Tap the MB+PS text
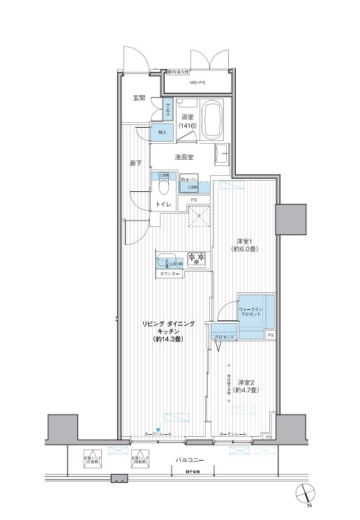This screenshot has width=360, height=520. pyautogui.click(x=197, y=83)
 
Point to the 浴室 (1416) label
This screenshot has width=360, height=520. pyautogui.click(x=186, y=121)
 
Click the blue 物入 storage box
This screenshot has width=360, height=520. pyautogui.click(x=162, y=131)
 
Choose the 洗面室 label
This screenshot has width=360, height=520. pyautogui.click(x=183, y=158)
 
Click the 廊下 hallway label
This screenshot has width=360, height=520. pyautogui.click(x=136, y=163)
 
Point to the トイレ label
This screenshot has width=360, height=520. pyautogui.click(x=164, y=205)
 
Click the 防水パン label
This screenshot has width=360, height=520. pyautogui.click(x=189, y=180)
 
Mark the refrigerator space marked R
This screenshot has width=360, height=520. pyautogui.click(x=200, y=217)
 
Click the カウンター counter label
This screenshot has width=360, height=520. pyautogui.click(x=170, y=274)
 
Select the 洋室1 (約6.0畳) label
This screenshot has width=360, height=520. pyautogui.click(x=246, y=245)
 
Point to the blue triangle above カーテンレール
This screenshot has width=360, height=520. pyautogui.click(x=158, y=429)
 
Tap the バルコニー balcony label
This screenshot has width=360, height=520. pyautogui.click(x=190, y=460)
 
